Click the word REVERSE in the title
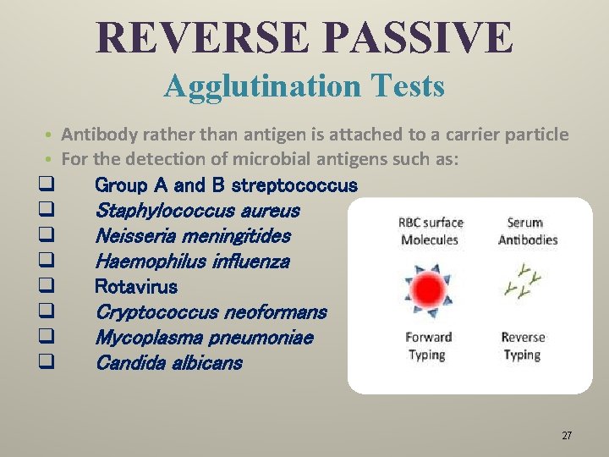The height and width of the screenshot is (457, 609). (201, 37)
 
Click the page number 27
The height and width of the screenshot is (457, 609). (567, 436)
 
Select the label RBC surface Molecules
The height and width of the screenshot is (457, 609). (431, 231)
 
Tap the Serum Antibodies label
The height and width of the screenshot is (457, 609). (527, 231)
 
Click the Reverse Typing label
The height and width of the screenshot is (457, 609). (523, 345)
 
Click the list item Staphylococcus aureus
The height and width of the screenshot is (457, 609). (197, 211)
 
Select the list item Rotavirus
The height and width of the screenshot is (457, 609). (135, 287)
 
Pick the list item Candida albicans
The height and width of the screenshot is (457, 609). (168, 363)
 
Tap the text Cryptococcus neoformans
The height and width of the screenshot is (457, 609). (211, 312)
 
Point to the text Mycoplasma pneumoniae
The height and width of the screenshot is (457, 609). (204, 338)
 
